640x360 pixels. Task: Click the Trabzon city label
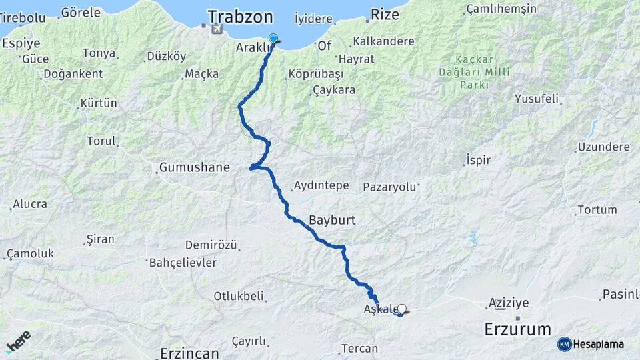[x=241, y=17]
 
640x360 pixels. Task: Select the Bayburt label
[x=332, y=219]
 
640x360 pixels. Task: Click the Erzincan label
[x=190, y=353]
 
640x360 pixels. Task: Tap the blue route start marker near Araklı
[x=273, y=39]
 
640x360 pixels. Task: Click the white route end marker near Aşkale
[x=401, y=309]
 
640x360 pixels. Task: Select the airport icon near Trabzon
[x=216, y=29]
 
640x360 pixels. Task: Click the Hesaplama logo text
[x=598, y=344]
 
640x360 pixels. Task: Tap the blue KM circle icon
[x=564, y=344]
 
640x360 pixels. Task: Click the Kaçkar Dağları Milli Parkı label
[x=465, y=71]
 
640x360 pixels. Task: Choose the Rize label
[x=389, y=14]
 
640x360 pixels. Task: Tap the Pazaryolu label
[x=389, y=187]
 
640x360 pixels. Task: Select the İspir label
[x=478, y=161]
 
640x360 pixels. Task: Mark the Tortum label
[x=597, y=210]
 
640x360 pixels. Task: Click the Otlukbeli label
[x=239, y=296]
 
